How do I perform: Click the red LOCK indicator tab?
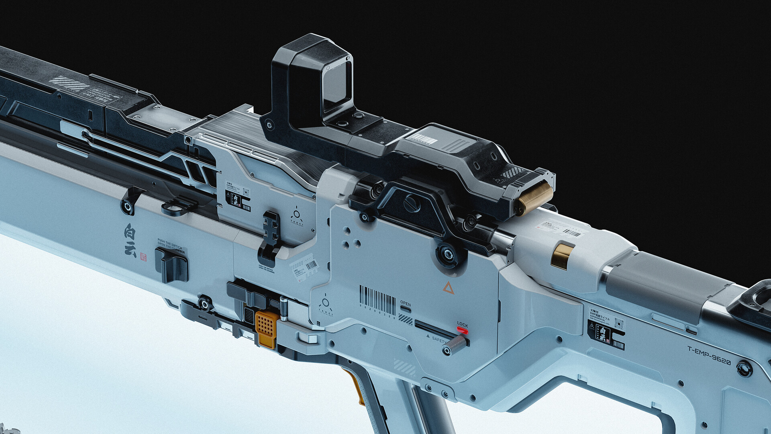[x=462, y=330]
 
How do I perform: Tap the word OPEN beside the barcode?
[x=405, y=303]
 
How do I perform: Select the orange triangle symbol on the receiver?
[x=448, y=288]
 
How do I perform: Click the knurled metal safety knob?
[x=456, y=344]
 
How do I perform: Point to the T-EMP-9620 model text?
[x=709, y=355]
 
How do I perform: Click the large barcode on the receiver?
[x=377, y=300]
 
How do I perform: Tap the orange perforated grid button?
[x=266, y=324]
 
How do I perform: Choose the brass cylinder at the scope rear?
[x=535, y=198]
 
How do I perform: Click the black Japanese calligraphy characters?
[x=130, y=240]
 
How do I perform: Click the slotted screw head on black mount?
[x=412, y=204]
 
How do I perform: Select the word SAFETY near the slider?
[x=439, y=340]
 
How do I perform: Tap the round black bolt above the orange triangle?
[x=447, y=254]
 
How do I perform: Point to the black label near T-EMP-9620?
[x=606, y=334]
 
